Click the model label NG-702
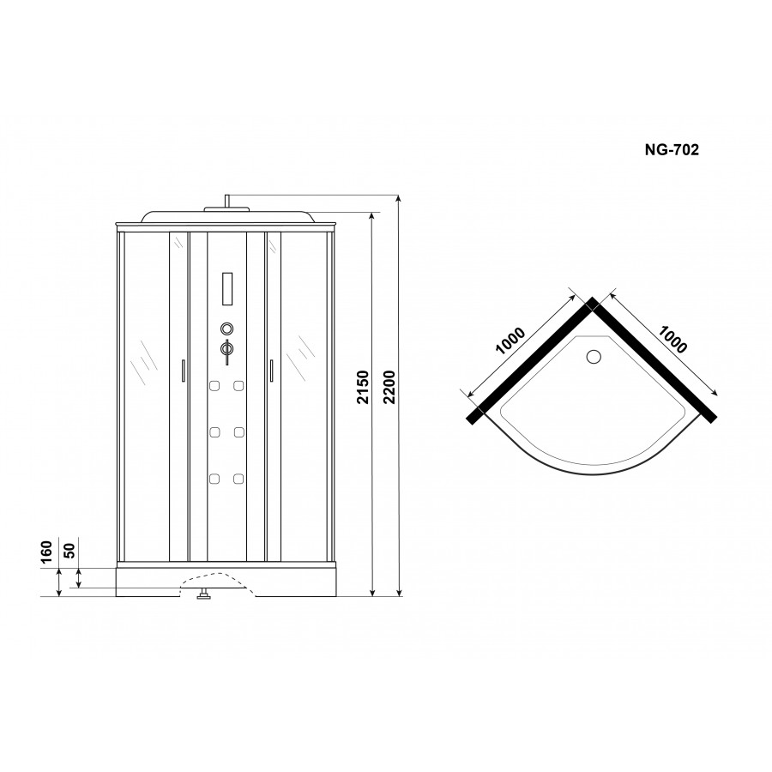672,149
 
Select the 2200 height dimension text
389,387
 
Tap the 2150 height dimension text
363,387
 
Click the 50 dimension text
69,551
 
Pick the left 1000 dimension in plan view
510,341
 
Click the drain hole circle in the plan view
594,357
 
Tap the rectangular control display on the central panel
227,289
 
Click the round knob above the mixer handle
226,329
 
